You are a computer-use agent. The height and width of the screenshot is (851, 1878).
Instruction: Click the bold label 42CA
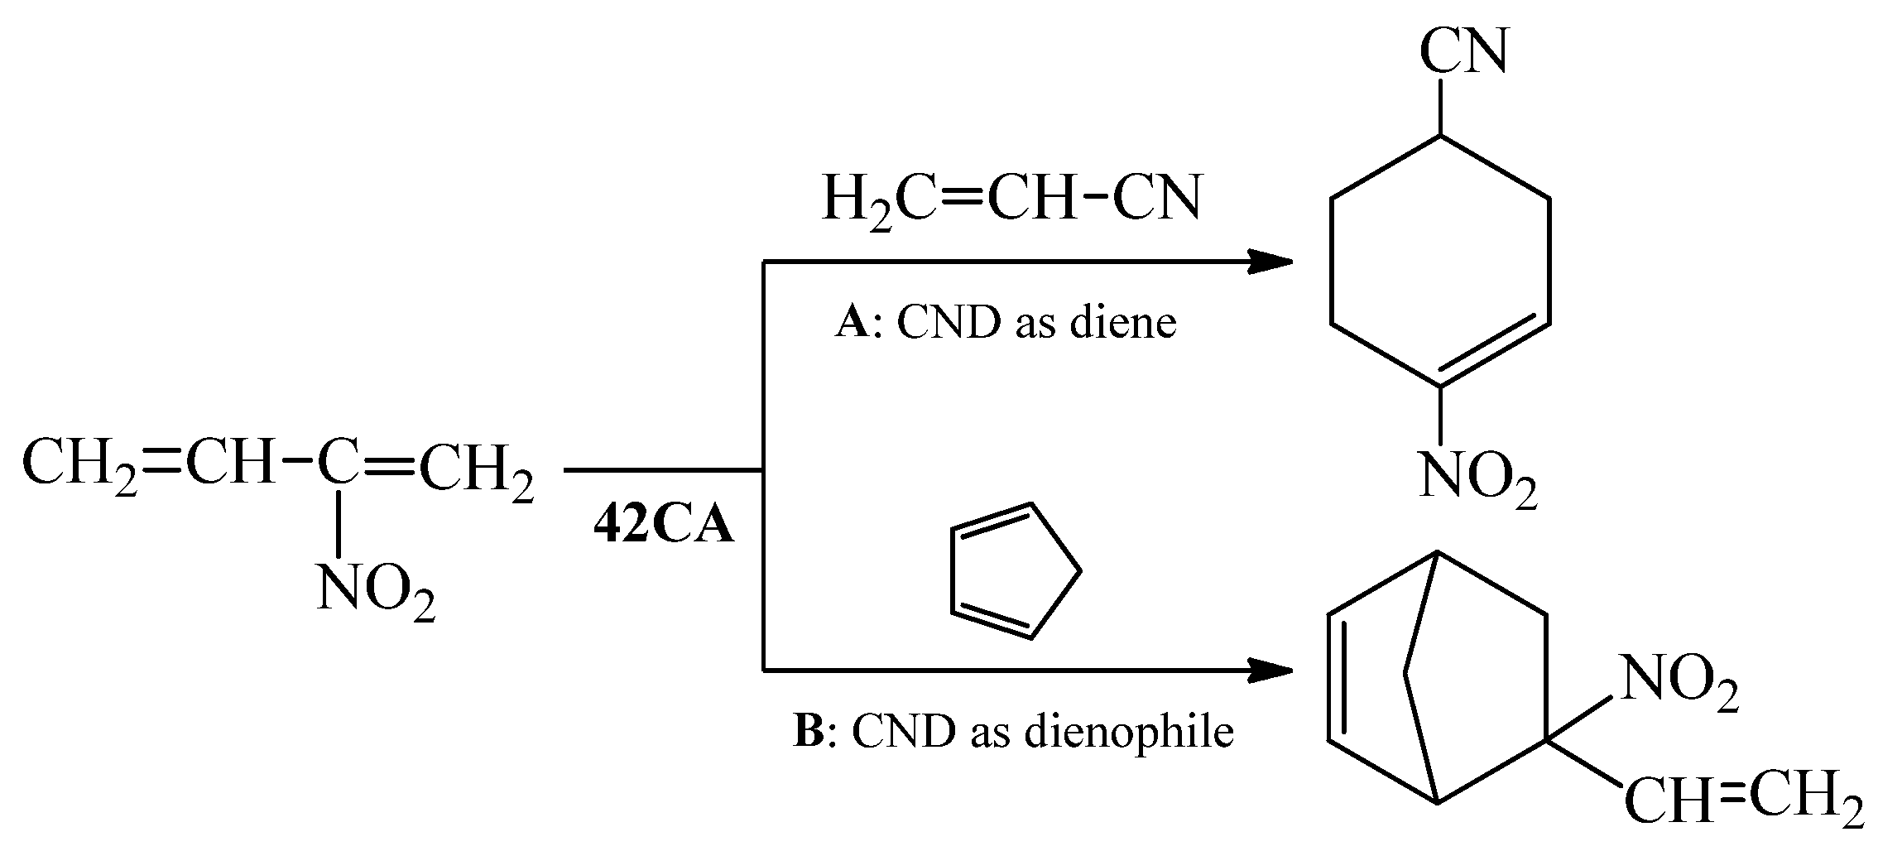(663, 526)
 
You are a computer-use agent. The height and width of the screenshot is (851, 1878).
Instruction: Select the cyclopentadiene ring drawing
(1011, 571)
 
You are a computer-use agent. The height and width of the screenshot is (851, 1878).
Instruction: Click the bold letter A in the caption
(852, 323)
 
